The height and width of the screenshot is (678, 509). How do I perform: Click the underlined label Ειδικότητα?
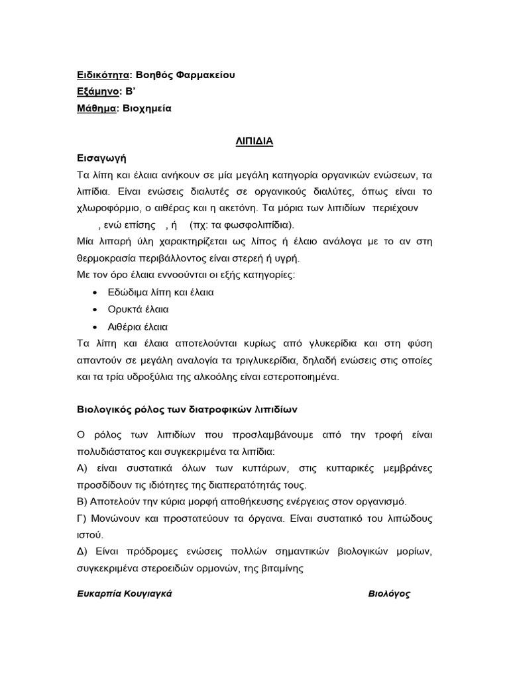(x=102, y=75)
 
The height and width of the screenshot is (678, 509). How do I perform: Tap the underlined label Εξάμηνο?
(x=97, y=91)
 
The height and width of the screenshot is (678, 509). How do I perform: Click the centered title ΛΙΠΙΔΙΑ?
(x=254, y=142)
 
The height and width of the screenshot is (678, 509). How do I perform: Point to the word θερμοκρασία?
(x=109, y=258)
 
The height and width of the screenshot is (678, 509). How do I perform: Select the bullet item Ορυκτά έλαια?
(x=138, y=309)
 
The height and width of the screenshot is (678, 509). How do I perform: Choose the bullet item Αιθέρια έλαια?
(x=138, y=326)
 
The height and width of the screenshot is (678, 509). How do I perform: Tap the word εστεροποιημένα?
(x=302, y=377)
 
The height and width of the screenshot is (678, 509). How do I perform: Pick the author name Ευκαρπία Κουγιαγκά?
(x=125, y=594)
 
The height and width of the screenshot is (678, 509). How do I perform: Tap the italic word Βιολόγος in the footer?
(x=389, y=594)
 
